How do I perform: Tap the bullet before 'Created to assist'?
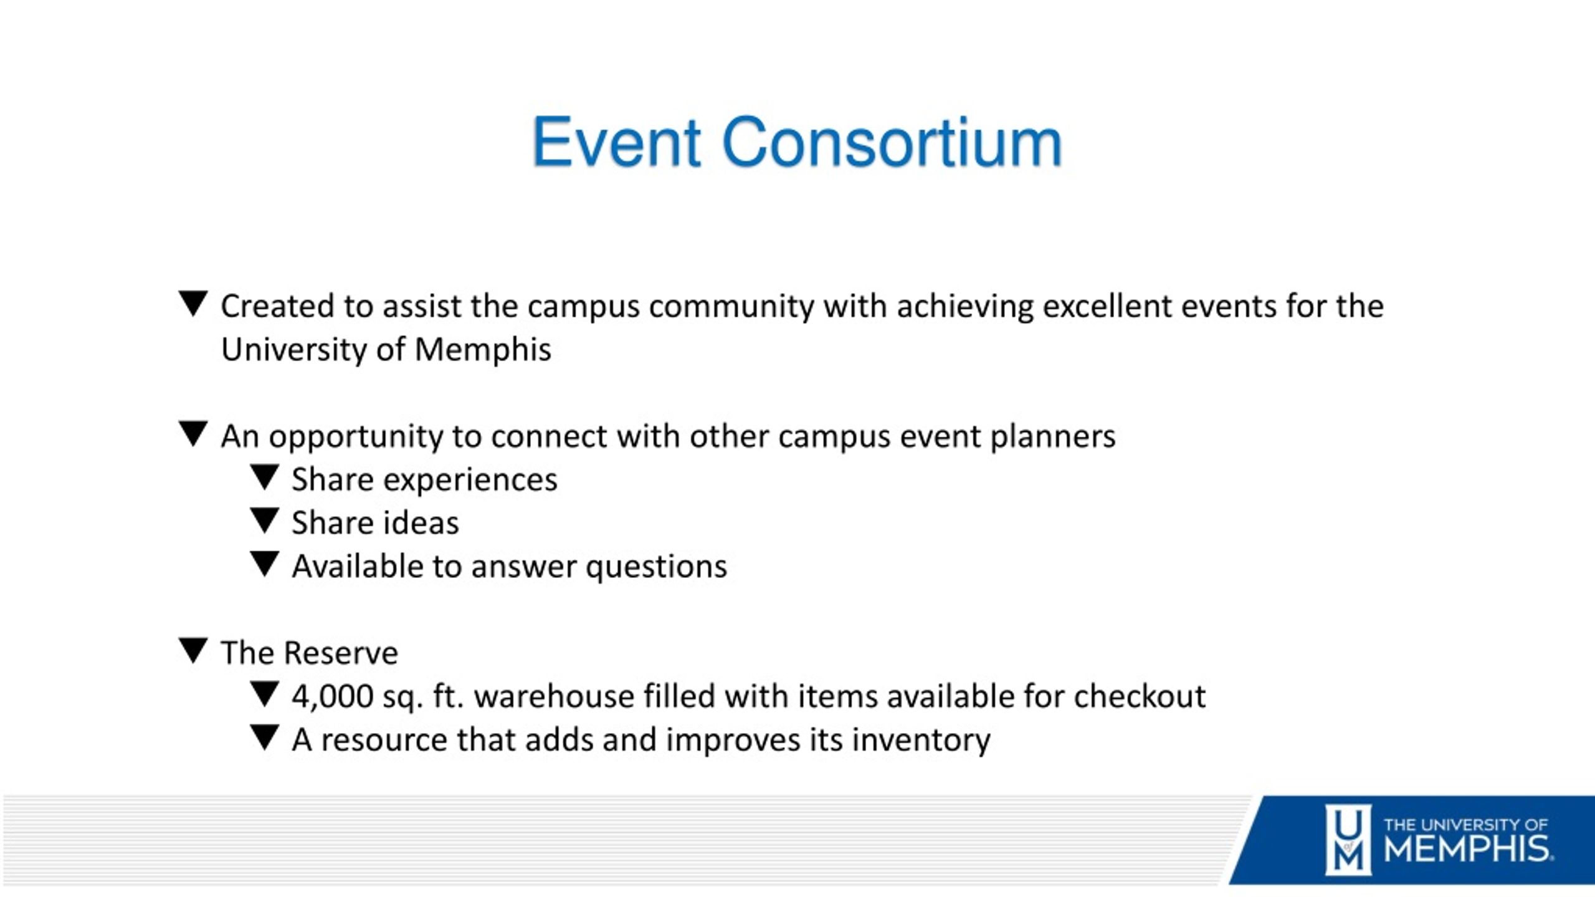(193, 304)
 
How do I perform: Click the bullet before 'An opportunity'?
(193, 434)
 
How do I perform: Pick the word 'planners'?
(1053, 437)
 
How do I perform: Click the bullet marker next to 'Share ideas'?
(264, 520)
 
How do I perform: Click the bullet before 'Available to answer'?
(264, 564)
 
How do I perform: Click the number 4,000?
(333, 697)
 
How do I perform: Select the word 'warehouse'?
(555, 696)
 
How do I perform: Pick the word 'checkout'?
(1140, 696)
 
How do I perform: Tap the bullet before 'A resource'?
(264, 737)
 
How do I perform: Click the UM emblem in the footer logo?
(1348, 840)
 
